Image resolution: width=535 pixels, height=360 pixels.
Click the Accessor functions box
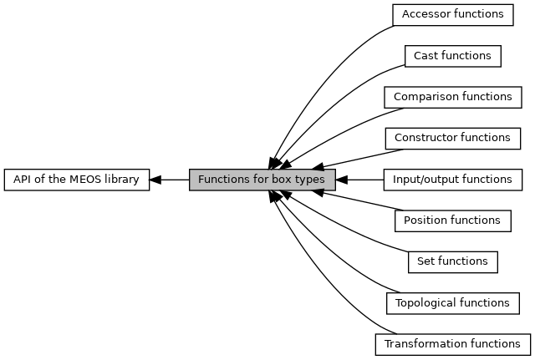click(x=453, y=15)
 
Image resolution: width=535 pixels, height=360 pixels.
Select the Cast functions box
click(x=453, y=56)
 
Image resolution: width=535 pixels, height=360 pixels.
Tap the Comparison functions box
click(x=453, y=97)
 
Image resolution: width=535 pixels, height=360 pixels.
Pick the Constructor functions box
click(x=453, y=139)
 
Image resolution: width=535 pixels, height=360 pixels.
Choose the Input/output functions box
click(x=453, y=180)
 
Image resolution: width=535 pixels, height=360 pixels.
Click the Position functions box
click(x=453, y=221)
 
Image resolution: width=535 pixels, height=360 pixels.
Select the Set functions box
click(x=453, y=262)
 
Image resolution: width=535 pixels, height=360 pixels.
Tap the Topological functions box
click(x=453, y=303)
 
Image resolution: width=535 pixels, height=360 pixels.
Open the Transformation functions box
click(x=453, y=345)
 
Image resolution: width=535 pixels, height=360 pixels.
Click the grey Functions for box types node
click(x=262, y=180)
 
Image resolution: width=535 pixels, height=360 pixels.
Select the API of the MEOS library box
click(x=77, y=180)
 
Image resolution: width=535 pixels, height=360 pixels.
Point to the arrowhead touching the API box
click(x=155, y=180)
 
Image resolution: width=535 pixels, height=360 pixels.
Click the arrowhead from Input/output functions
click(x=342, y=180)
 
